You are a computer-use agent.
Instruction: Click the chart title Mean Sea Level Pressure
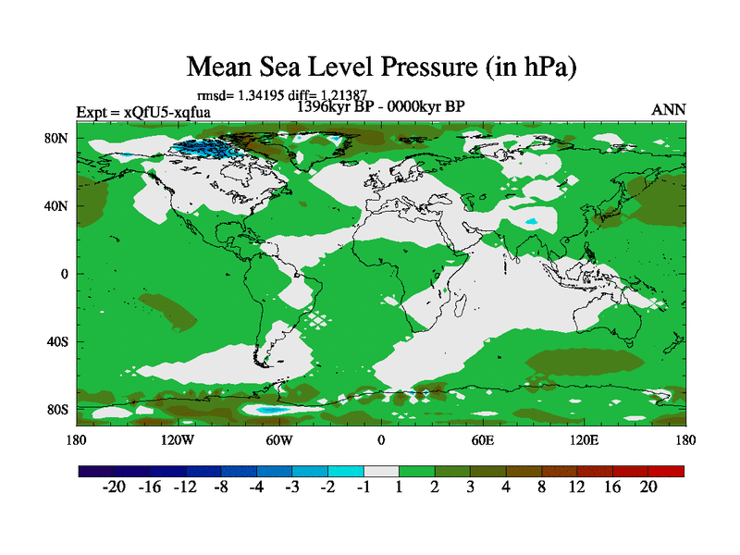point(382,67)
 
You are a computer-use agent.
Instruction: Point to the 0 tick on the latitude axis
point(65,274)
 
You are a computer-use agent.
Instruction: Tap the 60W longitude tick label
point(279,439)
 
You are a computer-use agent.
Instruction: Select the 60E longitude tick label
point(483,439)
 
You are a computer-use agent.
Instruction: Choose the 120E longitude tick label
point(585,439)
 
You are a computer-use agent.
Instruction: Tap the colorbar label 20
point(648,487)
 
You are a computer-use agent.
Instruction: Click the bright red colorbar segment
point(666,471)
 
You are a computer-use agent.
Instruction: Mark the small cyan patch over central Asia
point(531,223)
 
